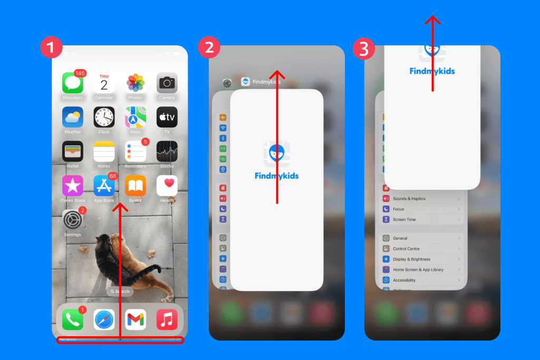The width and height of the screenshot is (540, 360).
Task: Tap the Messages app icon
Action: click(73, 83)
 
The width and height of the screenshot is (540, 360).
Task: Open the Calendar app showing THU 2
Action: click(104, 83)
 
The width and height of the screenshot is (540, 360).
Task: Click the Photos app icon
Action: click(136, 83)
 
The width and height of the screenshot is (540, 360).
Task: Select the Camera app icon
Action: click(167, 83)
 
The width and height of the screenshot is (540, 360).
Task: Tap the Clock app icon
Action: click(104, 117)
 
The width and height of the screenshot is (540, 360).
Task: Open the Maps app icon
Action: click(136, 117)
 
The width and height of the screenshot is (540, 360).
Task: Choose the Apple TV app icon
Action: click(167, 117)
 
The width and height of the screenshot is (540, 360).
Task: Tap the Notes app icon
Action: click(104, 152)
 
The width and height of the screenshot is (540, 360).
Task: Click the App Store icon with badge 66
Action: click(104, 186)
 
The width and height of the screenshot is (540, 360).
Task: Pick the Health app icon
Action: click(167, 186)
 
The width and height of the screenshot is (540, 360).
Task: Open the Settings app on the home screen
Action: click(73, 220)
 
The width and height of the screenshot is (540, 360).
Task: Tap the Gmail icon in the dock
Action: click(136, 319)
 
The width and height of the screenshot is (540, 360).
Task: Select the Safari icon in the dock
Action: click(104, 319)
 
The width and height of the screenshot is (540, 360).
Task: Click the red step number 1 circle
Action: click(51, 48)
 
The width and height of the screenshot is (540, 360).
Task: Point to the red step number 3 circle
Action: click(364, 49)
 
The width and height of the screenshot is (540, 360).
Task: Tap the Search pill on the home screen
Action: click(120, 291)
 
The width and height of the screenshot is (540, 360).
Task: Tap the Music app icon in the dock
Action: click(167, 319)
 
